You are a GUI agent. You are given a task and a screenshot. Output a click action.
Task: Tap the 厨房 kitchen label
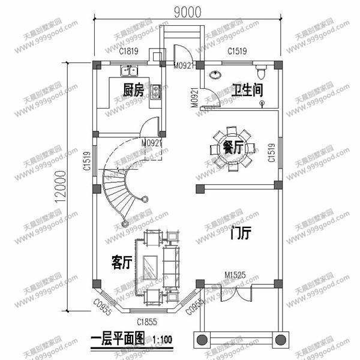tap(133, 91)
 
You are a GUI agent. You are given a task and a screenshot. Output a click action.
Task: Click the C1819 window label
tap(128, 52)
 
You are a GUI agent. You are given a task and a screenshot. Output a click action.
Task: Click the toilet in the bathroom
tap(260, 71)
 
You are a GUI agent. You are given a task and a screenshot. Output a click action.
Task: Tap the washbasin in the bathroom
tap(215, 74)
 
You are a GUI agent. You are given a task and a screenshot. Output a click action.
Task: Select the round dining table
tap(233, 148)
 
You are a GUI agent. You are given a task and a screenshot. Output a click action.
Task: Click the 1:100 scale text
tap(163, 340)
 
